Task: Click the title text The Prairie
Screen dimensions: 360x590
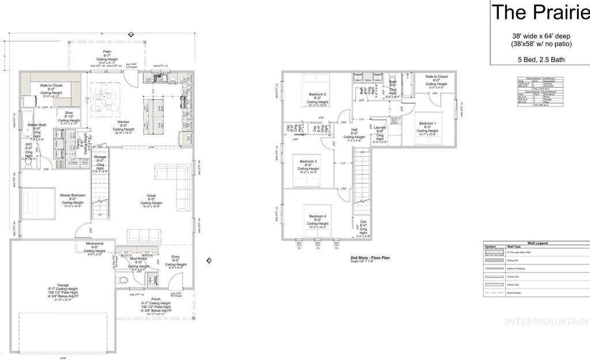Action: pyautogui.click(x=540, y=12)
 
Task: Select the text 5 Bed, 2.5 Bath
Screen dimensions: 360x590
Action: pyautogui.click(x=540, y=59)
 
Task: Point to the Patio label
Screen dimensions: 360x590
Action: pyautogui.click(x=107, y=51)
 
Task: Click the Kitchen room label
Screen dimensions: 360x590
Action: pyautogui.click(x=123, y=122)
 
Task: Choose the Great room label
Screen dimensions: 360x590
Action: pyautogui.click(x=151, y=196)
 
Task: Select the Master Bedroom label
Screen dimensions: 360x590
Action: pyautogui.click(x=73, y=195)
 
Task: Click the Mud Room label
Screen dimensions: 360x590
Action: pyautogui.click(x=138, y=259)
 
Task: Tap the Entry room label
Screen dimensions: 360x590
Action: pyautogui.click(x=176, y=257)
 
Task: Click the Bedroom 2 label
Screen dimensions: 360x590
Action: pyautogui.click(x=317, y=94)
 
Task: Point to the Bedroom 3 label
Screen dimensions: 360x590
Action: pyautogui.click(x=308, y=161)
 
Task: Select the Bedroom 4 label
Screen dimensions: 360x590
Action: pyautogui.click(x=317, y=217)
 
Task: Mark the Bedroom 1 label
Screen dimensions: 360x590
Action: pyautogui.click(x=427, y=123)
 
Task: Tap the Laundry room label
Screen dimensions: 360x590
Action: pyautogui.click(x=379, y=127)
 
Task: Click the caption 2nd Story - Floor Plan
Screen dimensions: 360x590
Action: pyautogui.click(x=370, y=258)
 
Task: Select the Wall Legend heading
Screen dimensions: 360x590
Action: pyautogui.click(x=536, y=244)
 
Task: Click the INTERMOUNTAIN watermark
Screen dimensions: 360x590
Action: pyautogui.click(x=546, y=321)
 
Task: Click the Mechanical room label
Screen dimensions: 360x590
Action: pyautogui.click(x=94, y=244)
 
